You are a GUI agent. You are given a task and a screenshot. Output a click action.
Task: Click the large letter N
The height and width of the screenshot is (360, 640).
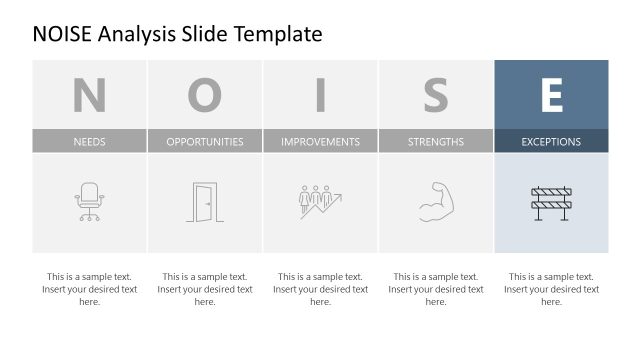(x=89, y=95)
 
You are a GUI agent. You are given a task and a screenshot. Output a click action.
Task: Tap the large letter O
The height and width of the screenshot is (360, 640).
(x=205, y=95)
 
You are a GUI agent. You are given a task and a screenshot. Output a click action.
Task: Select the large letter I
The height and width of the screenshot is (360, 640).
(x=320, y=95)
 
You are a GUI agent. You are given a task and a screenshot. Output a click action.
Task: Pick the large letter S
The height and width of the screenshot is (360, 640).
(x=435, y=95)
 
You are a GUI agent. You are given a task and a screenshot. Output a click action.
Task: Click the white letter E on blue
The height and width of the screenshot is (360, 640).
(x=551, y=95)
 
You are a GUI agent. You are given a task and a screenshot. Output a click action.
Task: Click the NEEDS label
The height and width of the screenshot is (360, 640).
(x=89, y=141)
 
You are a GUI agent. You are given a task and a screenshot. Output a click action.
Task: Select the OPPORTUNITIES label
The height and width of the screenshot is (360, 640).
(x=205, y=141)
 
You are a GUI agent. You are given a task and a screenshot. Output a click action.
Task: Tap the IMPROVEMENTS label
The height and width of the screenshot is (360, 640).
(x=320, y=141)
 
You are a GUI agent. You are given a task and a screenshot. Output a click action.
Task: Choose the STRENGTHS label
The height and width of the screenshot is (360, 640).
(x=435, y=141)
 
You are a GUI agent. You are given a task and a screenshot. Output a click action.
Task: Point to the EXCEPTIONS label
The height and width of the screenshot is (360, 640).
(x=551, y=141)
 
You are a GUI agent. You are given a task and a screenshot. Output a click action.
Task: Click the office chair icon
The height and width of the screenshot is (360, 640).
(x=89, y=202)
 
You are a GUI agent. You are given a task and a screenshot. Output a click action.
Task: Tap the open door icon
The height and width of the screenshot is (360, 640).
(x=204, y=202)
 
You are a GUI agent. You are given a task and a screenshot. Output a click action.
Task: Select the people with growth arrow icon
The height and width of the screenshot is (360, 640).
(x=320, y=202)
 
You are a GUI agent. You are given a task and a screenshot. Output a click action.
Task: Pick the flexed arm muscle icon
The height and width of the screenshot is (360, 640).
(x=435, y=201)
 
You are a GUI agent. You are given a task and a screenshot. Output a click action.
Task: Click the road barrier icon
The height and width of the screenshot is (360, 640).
(x=551, y=202)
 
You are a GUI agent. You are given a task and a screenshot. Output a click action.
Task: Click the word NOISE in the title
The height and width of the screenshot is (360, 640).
(x=65, y=34)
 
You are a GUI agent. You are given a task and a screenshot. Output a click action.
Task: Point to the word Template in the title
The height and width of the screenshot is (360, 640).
(x=279, y=34)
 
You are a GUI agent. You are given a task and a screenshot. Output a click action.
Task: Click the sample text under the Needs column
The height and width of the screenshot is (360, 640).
(x=89, y=289)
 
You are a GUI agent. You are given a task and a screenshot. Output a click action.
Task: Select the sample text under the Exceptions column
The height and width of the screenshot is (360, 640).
(x=551, y=289)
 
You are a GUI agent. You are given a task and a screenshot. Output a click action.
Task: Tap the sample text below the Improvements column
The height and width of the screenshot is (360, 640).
(x=320, y=289)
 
